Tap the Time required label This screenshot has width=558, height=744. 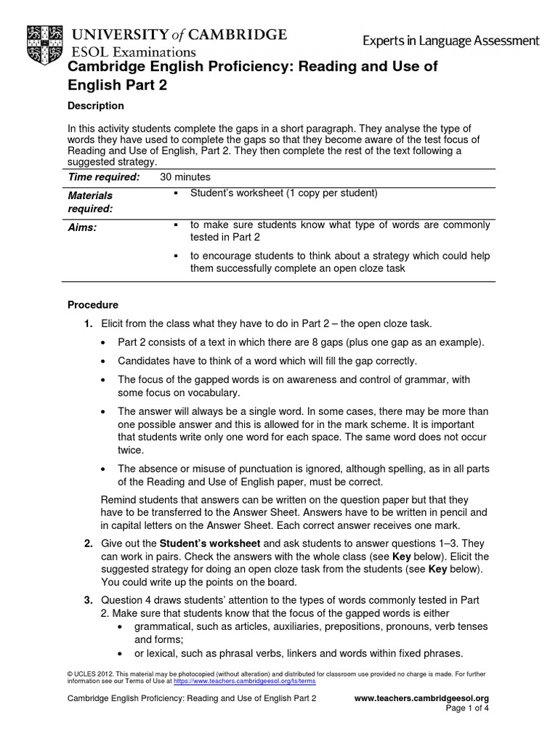coord(103,177)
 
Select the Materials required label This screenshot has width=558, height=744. coord(90,202)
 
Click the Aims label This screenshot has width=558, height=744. coord(82,227)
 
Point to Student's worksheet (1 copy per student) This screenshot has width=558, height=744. coord(284,193)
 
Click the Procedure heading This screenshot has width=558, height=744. coord(92,304)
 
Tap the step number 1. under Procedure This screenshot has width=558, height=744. coord(88,323)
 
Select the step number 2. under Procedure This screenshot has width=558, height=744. coord(88,543)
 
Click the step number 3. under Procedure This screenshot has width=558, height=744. coord(88,599)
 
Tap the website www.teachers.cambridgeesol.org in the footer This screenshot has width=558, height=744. coord(421,698)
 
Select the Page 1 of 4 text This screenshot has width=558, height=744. coord(466,709)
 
